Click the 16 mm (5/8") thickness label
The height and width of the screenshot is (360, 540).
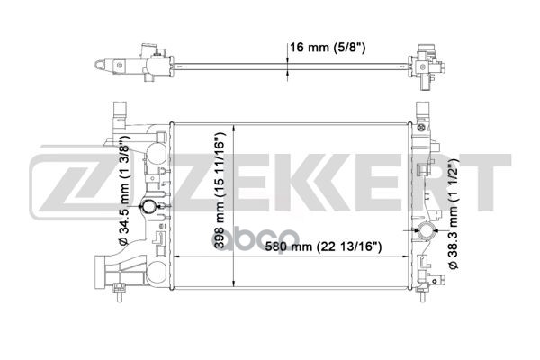point(328,47)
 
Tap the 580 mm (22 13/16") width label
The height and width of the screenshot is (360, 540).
point(323,247)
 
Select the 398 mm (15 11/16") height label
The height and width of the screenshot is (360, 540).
point(220,191)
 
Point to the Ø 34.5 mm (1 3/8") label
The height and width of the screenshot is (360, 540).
point(123,191)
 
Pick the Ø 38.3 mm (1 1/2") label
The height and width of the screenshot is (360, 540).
point(453,214)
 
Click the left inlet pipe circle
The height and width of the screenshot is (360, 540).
point(149,206)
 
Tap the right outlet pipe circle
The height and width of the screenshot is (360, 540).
point(427,230)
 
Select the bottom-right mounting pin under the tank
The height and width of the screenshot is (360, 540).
point(423,294)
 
